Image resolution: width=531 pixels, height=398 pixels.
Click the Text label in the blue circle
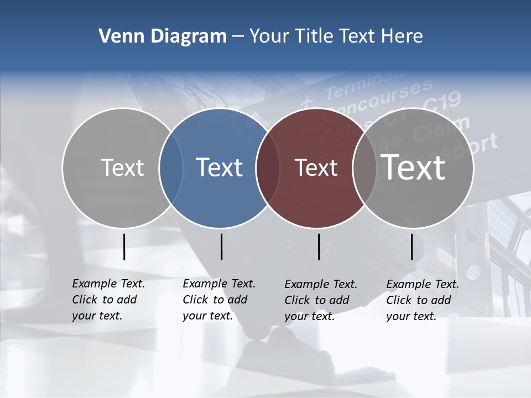coord(220,167)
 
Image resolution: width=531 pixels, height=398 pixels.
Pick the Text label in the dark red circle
coord(316,167)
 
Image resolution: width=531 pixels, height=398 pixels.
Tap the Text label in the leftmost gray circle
coord(123,167)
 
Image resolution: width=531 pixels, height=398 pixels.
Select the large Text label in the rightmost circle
coord(413,167)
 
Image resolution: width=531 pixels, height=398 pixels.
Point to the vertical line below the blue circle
coord(221,247)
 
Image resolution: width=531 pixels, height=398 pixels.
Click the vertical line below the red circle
coord(319,247)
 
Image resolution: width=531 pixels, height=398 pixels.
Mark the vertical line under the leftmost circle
coord(124,247)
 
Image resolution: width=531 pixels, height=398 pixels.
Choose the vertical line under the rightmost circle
coord(412,247)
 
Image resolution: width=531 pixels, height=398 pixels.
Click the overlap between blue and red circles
coord(268,167)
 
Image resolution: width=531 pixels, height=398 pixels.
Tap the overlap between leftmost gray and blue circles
coord(171,167)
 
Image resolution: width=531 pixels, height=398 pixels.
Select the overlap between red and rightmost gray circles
coord(365,167)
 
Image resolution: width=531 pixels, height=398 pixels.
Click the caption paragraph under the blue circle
coord(218,300)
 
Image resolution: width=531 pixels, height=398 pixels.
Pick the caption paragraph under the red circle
coord(320,300)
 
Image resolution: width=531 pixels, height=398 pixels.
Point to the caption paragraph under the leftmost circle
coord(108,300)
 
